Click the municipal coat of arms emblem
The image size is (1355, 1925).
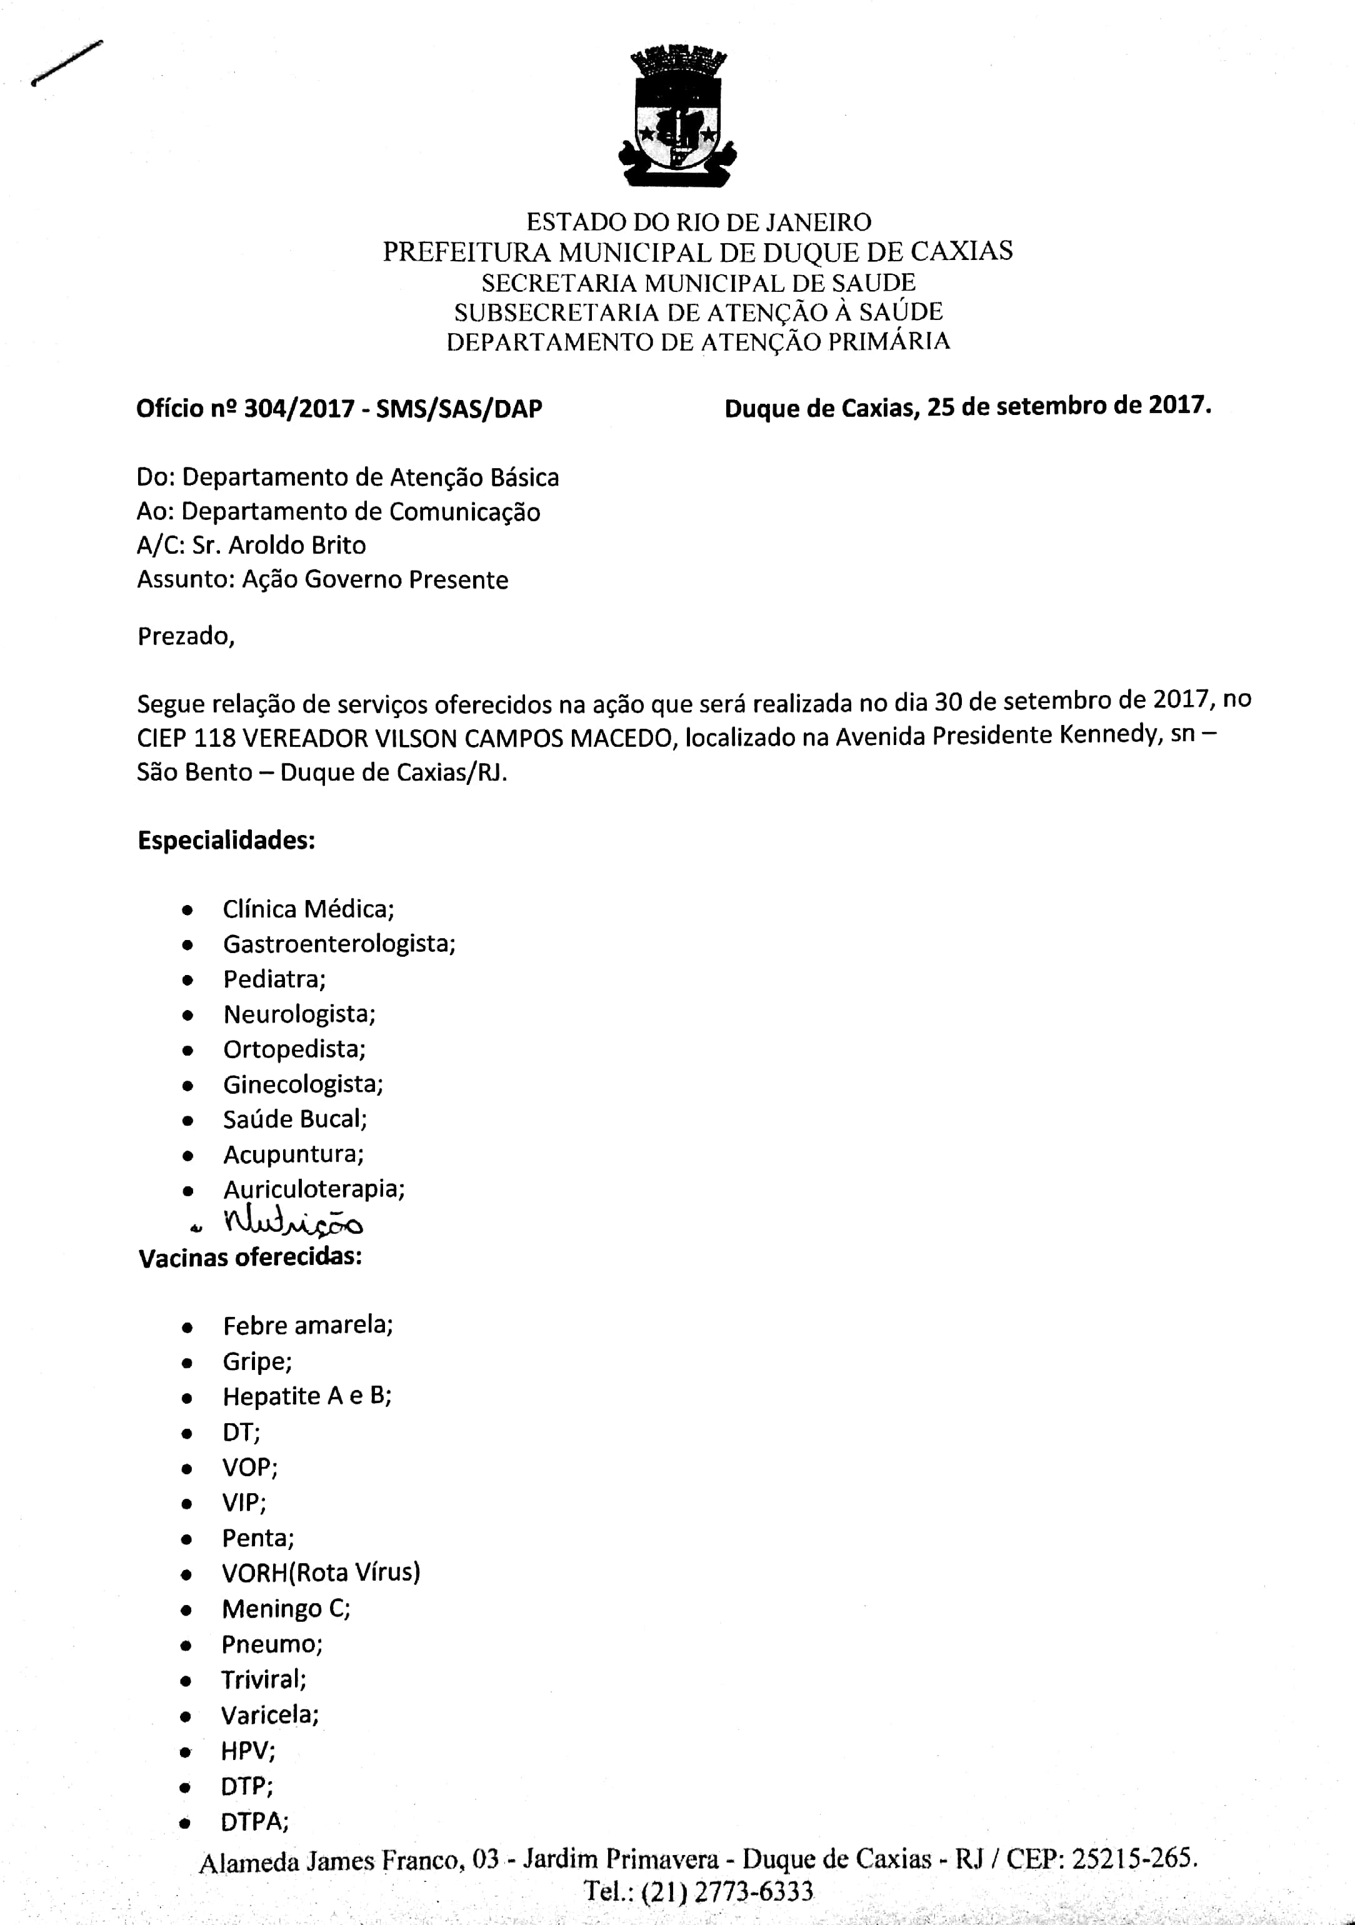tap(677, 117)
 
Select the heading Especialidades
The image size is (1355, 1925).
tap(226, 840)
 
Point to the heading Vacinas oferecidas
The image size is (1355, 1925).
tap(250, 1257)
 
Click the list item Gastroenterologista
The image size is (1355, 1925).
tap(339, 944)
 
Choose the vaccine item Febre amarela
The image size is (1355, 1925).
tap(307, 1326)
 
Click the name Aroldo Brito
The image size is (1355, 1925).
tap(297, 546)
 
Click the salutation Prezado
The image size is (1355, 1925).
tap(185, 636)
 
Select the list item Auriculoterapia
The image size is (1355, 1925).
tap(314, 1189)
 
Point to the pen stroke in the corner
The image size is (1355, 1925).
tap(66, 63)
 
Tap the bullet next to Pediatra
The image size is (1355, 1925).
tap(188, 980)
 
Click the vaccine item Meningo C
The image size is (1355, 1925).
tap(286, 1608)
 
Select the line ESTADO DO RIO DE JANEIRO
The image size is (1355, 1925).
tap(699, 222)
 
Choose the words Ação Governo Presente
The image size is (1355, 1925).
tap(375, 580)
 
